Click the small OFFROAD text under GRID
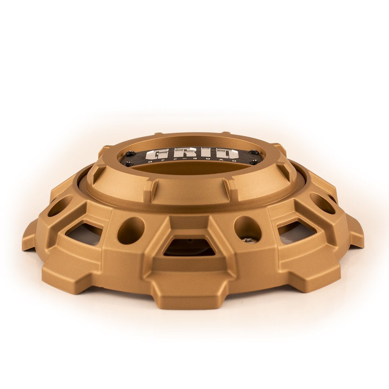[x=194, y=160]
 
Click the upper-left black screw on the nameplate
[x=130, y=153]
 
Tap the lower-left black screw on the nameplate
[x=127, y=164]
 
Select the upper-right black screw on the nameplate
[x=254, y=152]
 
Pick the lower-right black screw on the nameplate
[x=255, y=162]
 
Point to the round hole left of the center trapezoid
[x=131, y=230]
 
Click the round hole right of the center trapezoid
[x=247, y=228]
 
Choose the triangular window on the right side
[x=297, y=233]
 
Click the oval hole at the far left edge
[x=60, y=206]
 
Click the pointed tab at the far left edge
[x=29, y=236]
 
